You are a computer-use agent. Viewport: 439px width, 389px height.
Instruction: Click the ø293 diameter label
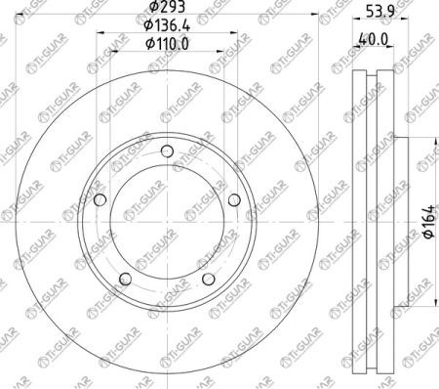[167, 7]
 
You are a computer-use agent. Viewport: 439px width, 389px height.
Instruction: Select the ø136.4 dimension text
[167, 25]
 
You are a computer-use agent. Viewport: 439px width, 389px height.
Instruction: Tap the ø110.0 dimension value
[167, 44]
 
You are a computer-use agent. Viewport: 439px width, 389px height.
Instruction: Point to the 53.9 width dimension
[380, 12]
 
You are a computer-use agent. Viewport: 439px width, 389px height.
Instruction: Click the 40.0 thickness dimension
[373, 40]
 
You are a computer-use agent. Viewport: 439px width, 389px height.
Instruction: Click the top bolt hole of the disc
[167, 151]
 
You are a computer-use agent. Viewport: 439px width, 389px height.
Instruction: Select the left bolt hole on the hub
[100, 199]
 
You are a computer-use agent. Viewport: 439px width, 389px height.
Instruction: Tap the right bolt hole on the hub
[234, 199]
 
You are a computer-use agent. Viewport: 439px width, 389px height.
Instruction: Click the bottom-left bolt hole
[126, 279]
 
